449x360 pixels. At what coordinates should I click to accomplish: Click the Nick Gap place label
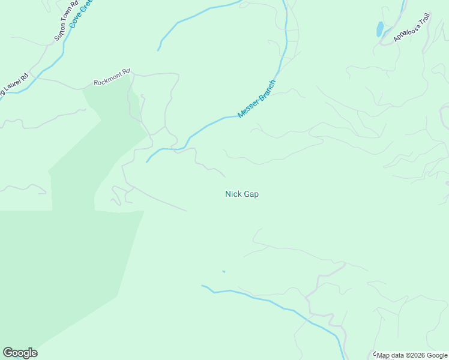(x=242, y=194)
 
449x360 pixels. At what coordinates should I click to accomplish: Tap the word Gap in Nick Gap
(x=252, y=194)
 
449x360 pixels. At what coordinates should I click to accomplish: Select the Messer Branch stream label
(x=256, y=98)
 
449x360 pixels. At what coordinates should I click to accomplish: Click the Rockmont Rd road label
(x=112, y=77)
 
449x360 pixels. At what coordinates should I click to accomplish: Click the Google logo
(x=20, y=353)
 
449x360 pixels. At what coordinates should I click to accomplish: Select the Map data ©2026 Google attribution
(x=412, y=355)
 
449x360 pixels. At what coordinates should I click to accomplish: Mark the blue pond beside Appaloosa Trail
(x=379, y=29)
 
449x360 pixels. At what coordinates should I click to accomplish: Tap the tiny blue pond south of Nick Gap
(x=223, y=272)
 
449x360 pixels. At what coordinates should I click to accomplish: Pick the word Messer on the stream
(x=247, y=108)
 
